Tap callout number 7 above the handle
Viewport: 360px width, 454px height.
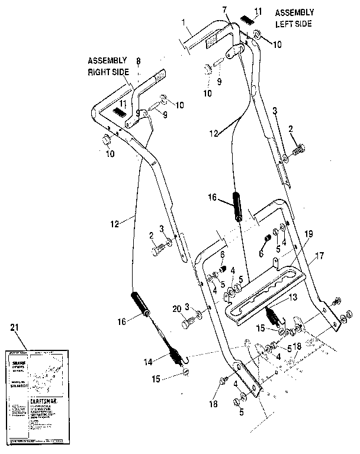(225, 9)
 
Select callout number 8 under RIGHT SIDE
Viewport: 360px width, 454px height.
(138, 60)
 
